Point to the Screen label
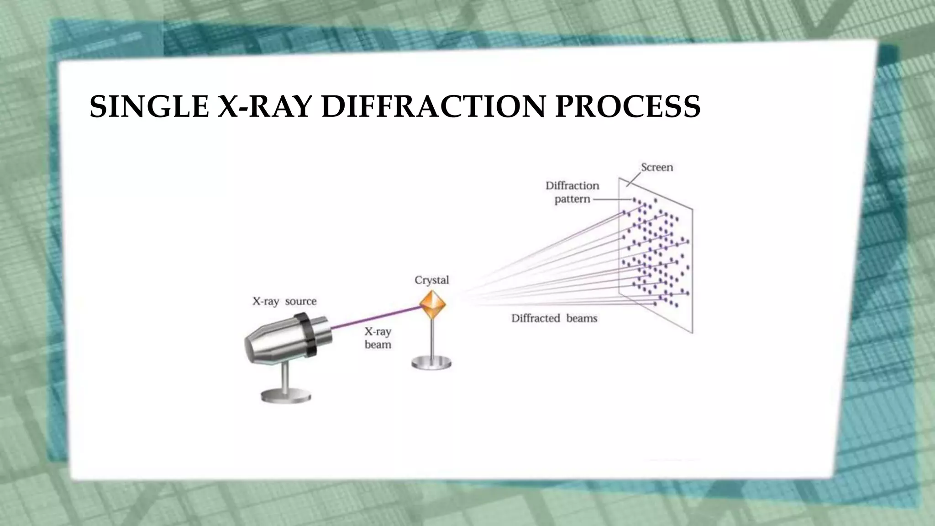click(657, 167)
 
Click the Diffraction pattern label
click(572, 192)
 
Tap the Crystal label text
click(431, 280)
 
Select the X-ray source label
click(284, 301)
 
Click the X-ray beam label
click(378, 338)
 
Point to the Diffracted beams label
click(554, 318)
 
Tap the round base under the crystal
click(431, 363)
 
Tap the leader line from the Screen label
click(633, 179)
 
